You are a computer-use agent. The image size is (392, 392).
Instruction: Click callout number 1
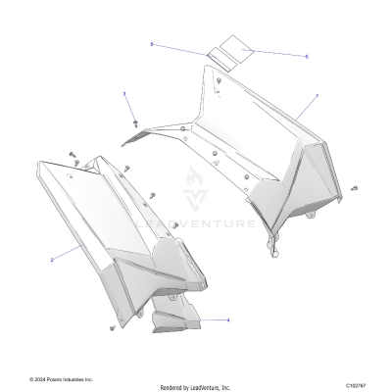(317, 96)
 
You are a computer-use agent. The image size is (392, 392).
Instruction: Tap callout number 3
(123, 93)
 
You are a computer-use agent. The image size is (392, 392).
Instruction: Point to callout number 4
(228, 319)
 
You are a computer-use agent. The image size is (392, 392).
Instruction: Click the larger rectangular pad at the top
(234, 50)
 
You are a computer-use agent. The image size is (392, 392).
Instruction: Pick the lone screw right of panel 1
(354, 187)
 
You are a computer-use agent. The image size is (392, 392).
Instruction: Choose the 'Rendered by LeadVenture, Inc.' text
(196, 387)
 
